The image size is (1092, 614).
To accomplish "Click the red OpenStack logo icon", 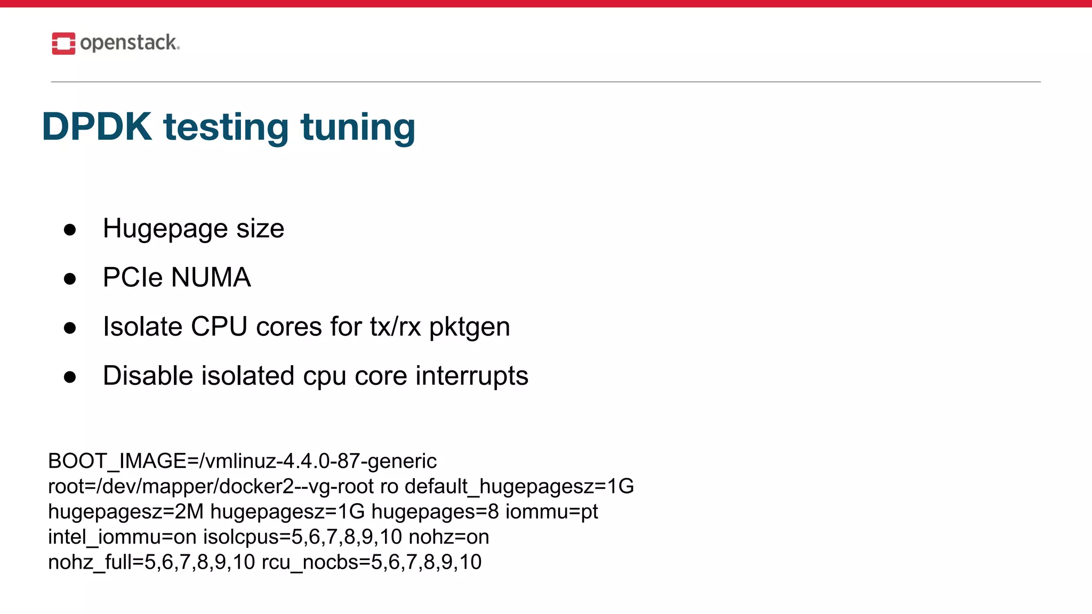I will pos(63,43).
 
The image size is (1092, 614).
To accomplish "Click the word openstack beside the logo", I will pos(129,43).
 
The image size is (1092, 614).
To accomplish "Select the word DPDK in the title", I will pos(97,127).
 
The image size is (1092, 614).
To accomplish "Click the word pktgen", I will pos(469,327).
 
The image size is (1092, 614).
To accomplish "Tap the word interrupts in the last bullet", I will pos(472,376).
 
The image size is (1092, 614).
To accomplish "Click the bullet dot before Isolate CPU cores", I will pos(70,328).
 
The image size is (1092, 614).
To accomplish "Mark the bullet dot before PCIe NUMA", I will pos(70,279).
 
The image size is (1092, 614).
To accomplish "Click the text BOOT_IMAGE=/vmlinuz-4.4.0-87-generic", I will pos(242,461).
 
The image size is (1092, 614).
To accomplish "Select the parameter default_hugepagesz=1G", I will pos(519,486).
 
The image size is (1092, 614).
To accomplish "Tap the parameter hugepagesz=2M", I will pos(126,511).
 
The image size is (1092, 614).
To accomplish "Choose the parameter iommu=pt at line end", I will pos(551,511).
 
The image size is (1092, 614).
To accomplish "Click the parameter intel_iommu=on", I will pos(122,537).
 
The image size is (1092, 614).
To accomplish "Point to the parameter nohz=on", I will pos(448,537).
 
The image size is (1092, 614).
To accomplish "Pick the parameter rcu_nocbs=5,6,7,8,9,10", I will pos(372,562).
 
